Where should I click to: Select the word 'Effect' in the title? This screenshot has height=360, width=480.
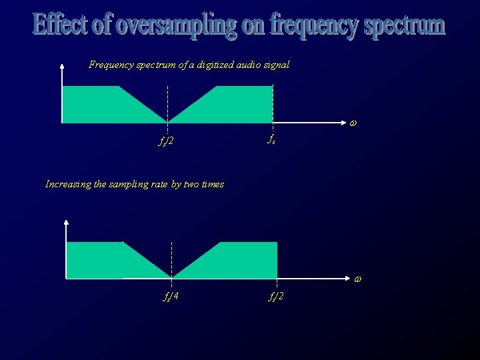(x=61, y=25)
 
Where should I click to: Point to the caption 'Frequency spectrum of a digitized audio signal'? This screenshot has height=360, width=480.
(x=189, y=65)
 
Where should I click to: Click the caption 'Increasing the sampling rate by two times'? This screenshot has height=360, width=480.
(x=134, y=184)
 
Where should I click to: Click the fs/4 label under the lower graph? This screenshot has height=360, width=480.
(x=171, y=295)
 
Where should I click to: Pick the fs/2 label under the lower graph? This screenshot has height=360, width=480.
(x=276, y=295)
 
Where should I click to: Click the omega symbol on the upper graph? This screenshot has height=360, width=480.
(x=353, y=123)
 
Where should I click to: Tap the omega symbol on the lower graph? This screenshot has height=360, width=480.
(x=357, y=278)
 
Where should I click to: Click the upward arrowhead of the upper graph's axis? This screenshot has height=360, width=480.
(x=61, y=65)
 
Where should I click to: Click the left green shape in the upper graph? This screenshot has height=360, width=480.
(x=100, y=105)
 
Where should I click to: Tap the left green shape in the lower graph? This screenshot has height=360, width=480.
(x=103, y=260)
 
